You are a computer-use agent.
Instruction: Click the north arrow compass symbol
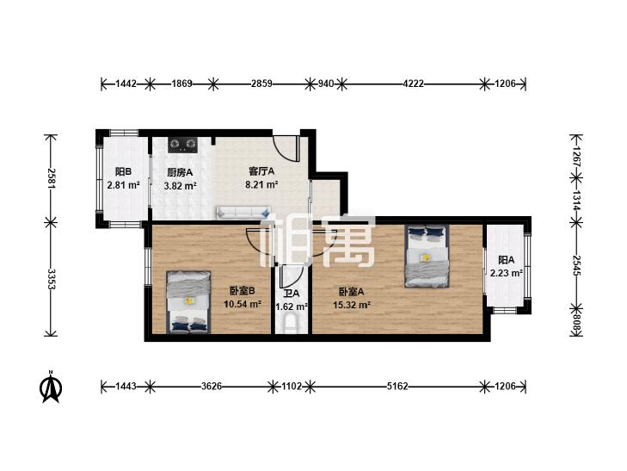click(x=51, y=387)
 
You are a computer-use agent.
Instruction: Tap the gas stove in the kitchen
click(x=182, y=145)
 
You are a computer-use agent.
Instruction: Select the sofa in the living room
click(x=243, y=212)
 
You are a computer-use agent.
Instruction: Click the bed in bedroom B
click(x=188, y=302)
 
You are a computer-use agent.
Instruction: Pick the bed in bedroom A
click(x=427, y=256)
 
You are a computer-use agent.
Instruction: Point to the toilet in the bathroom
click(x=291, y=324)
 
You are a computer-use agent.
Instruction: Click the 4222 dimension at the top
click(x=413, y=84)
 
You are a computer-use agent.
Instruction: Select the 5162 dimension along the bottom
click(x=397, y=387)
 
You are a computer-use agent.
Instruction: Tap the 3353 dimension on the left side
click(x=52, y=279)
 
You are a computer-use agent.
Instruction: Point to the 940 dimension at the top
click(x=325, y=84)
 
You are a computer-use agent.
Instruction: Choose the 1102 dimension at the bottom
click(x=292, y=387)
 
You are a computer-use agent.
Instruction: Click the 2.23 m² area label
click(x=507, y=273)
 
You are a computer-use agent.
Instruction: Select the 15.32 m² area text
click(x=352, y=306)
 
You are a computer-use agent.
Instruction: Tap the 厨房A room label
click(x=180, y=172)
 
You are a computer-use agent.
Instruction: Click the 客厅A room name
click(x=261, y=171)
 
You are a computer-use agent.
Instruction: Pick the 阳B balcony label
click(x=123, y=172)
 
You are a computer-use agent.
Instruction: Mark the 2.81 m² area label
click(x=123, y=185)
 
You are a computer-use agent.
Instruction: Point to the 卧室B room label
click(x=243, y=290)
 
